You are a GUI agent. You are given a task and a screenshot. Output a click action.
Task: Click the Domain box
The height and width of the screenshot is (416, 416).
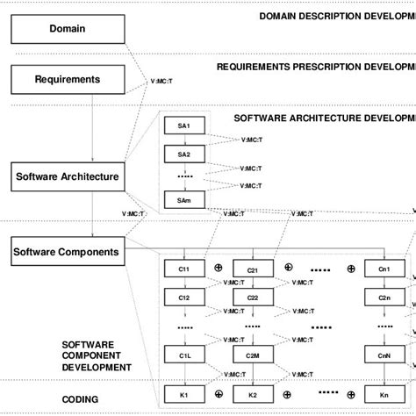click(68, 29)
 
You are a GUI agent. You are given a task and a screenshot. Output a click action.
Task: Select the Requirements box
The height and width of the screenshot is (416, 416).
click(68, 80)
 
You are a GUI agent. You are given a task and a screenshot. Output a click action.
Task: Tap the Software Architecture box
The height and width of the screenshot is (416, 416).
click(68, 176)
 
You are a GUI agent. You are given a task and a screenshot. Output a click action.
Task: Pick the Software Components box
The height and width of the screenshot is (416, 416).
click(68, 252)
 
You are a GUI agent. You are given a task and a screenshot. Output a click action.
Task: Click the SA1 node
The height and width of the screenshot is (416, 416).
click(183, 126)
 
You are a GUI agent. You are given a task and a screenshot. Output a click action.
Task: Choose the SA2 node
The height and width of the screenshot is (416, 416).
click(183, 154)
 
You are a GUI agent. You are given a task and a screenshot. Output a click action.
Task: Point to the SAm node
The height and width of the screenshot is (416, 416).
click(183, 201)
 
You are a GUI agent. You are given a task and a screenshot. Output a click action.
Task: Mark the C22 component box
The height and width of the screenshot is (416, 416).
click(252, 298)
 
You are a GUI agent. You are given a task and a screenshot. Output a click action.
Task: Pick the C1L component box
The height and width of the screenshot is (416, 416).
click(183, 355)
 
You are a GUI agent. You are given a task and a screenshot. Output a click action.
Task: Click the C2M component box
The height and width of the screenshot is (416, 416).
click(252, 355)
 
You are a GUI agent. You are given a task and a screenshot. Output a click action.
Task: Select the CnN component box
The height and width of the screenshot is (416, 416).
click(384, 355)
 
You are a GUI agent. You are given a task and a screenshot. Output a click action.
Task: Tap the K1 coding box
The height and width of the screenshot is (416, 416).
click(183, 395)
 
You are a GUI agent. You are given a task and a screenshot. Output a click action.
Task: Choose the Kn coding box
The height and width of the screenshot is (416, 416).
click(384, 395)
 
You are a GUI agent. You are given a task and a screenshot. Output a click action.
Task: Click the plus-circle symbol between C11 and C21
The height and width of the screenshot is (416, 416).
click(218, 266)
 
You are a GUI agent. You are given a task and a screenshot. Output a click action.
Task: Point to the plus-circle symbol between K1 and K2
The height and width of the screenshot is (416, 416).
click(218, 392)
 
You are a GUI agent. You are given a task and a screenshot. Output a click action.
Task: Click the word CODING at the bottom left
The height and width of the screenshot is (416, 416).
click(80, 399)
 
